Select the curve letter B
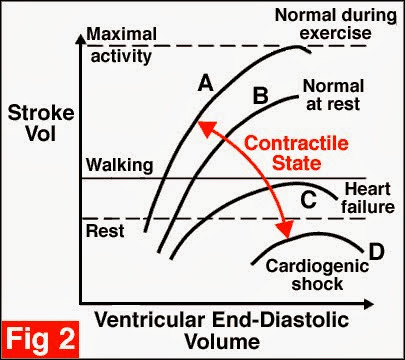coord(259,98)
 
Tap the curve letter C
coord(309,199)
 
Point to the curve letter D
coord(377,249)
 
